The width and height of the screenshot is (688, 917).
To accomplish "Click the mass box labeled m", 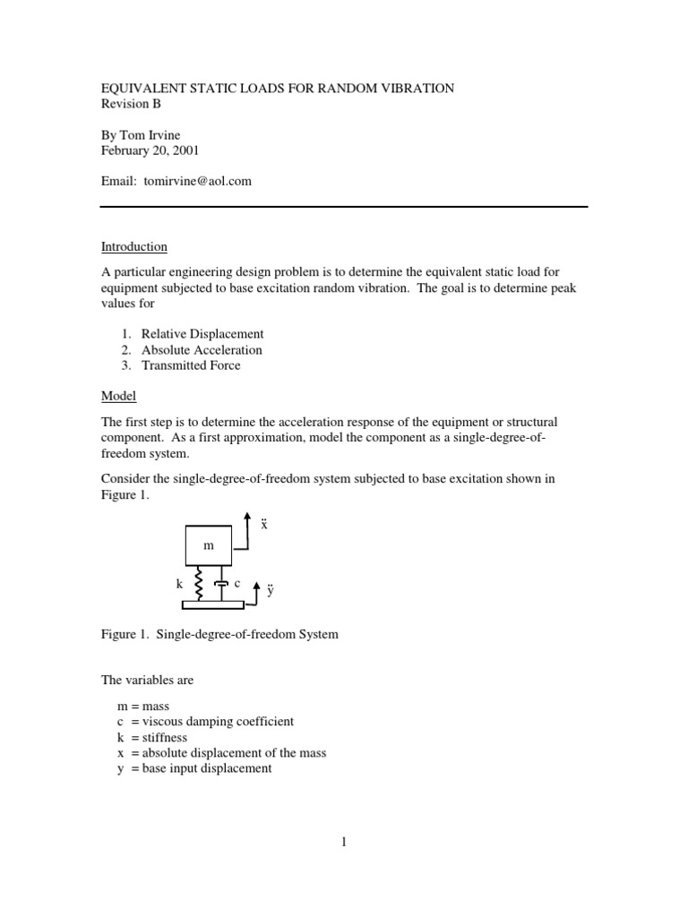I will pyautogui.click(x=209, y=545).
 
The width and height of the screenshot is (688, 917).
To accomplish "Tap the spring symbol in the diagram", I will pyautogui.click(x=199, y=584).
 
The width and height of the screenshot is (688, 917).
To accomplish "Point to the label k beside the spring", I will pyautogui.click(x=179, y=584).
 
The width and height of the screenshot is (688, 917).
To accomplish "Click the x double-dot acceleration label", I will pyautogui.click(x=264, y=524).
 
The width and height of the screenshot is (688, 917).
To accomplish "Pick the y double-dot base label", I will pyautogui.click(x=269, y=592).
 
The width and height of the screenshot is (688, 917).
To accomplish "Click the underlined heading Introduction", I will pyautogui.click(x=133, y=246).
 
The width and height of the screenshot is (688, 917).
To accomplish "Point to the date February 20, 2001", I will pyautogui.click(x=149, y=150).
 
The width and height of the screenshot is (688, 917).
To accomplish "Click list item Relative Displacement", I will pyautogui.click(x=202, y=334).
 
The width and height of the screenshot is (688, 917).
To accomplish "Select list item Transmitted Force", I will pyautogui.click(x=191, y=365).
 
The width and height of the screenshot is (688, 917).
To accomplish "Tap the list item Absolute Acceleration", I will pyautogui.click(x=202, y=350).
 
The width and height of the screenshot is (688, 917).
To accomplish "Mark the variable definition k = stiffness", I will pyautogui.click(x=152, y=737).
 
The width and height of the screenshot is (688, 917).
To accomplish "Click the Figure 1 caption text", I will pyautogui.click(x=219, y=635).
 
